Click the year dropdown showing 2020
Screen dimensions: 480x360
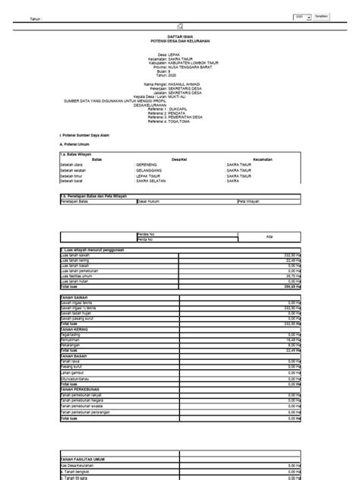point(301,15)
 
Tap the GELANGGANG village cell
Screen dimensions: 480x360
point(153,169)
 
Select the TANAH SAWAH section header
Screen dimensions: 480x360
point(74,296)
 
